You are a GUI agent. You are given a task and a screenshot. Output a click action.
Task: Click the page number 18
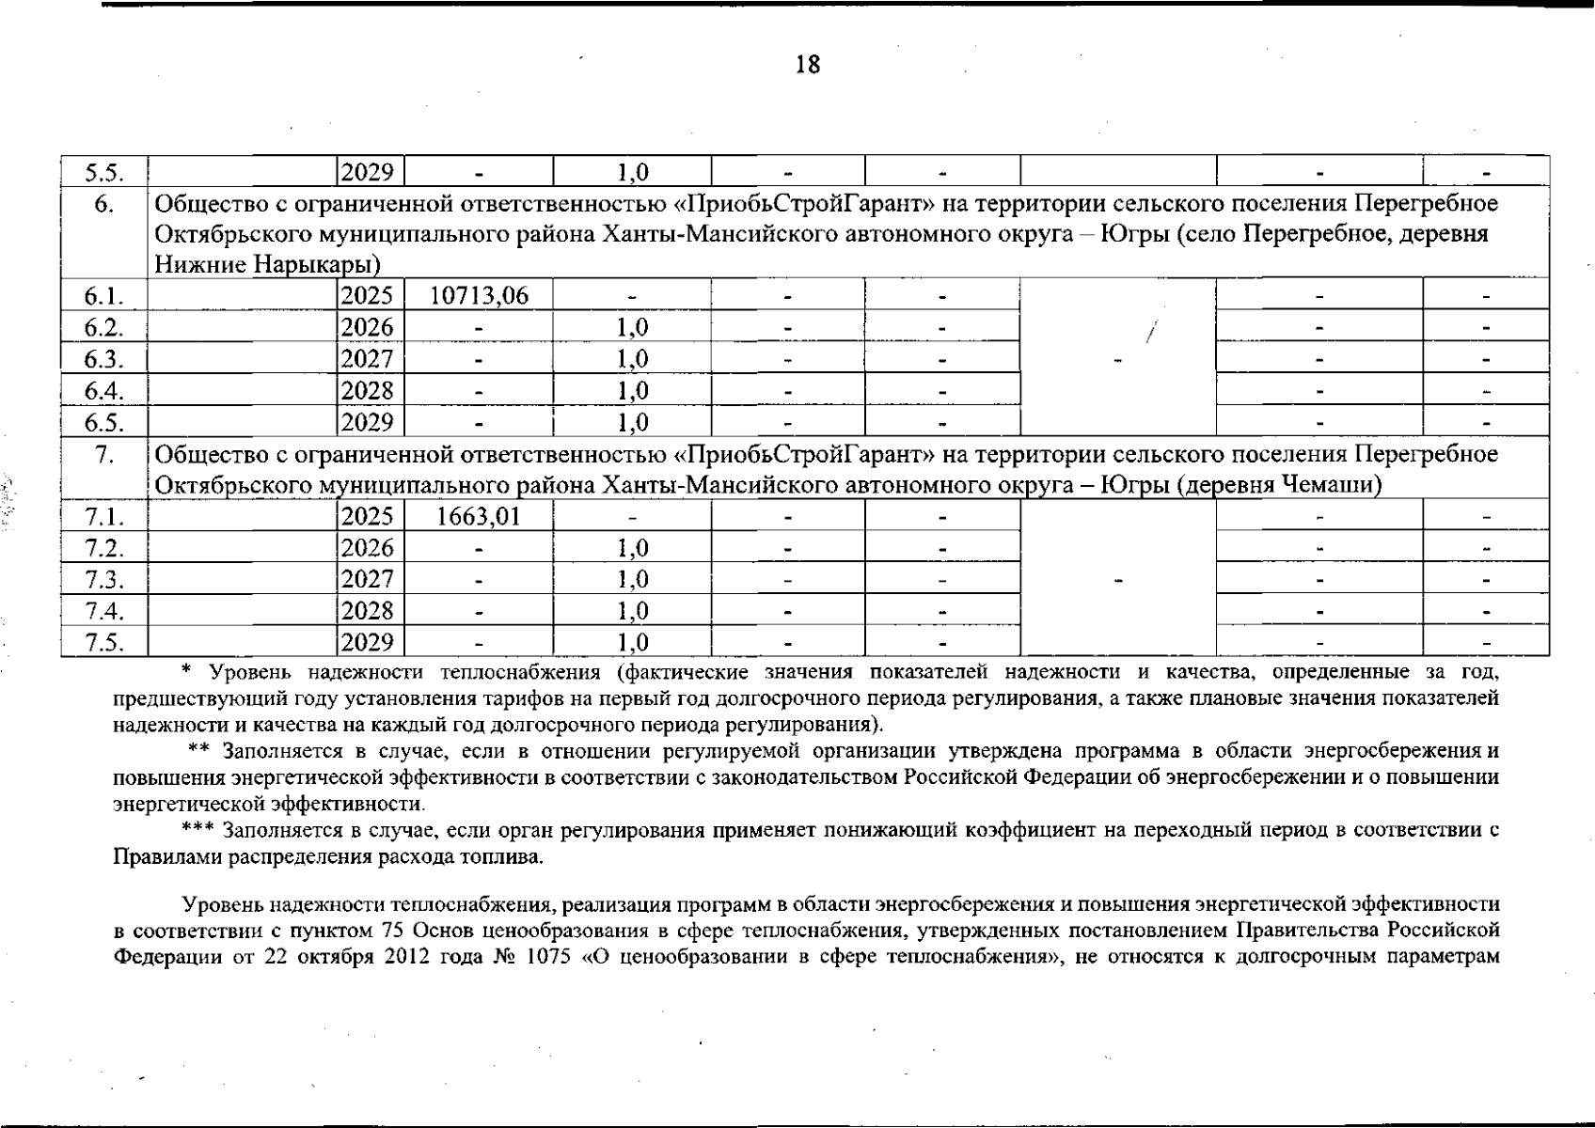[808, 65]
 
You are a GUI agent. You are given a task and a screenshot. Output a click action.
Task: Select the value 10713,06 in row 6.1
[479, 296]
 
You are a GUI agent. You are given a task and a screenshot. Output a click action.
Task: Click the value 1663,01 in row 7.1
[479, 516]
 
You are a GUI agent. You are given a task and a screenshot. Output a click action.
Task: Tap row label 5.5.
[103, 172]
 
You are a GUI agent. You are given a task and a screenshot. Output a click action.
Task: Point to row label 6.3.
[103, 359]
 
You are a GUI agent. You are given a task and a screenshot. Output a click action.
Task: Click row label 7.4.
[103, 611]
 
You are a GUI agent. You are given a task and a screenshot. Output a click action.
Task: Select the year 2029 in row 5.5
[367, 172]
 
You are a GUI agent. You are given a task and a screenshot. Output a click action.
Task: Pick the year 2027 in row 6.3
[367, 359]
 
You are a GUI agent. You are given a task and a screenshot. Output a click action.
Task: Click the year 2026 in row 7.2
[367, 548]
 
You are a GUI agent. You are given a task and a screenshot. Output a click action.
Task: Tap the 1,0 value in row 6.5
[632, 422]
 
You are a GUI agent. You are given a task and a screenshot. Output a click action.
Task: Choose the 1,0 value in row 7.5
[632, 642]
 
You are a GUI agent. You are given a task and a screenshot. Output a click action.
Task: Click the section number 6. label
[103, 204]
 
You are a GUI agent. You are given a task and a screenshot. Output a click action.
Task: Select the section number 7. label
[103, 455]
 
